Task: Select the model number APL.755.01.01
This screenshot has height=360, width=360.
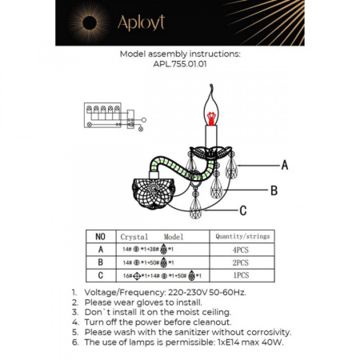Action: [179, 66]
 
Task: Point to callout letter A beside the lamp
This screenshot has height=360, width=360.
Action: [284, 165]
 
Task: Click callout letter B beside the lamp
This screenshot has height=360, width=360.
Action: [273, 190]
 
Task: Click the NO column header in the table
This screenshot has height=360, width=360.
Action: [100, 237]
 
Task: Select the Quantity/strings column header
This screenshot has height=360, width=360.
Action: [242, 237]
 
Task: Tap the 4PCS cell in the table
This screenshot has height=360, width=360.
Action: [242, 249]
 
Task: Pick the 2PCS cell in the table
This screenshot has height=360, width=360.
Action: [242, 262]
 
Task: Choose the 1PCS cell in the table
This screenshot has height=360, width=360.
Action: [242, 274]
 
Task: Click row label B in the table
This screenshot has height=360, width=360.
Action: [100, 262]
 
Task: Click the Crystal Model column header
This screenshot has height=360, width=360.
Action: [152, 237]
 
